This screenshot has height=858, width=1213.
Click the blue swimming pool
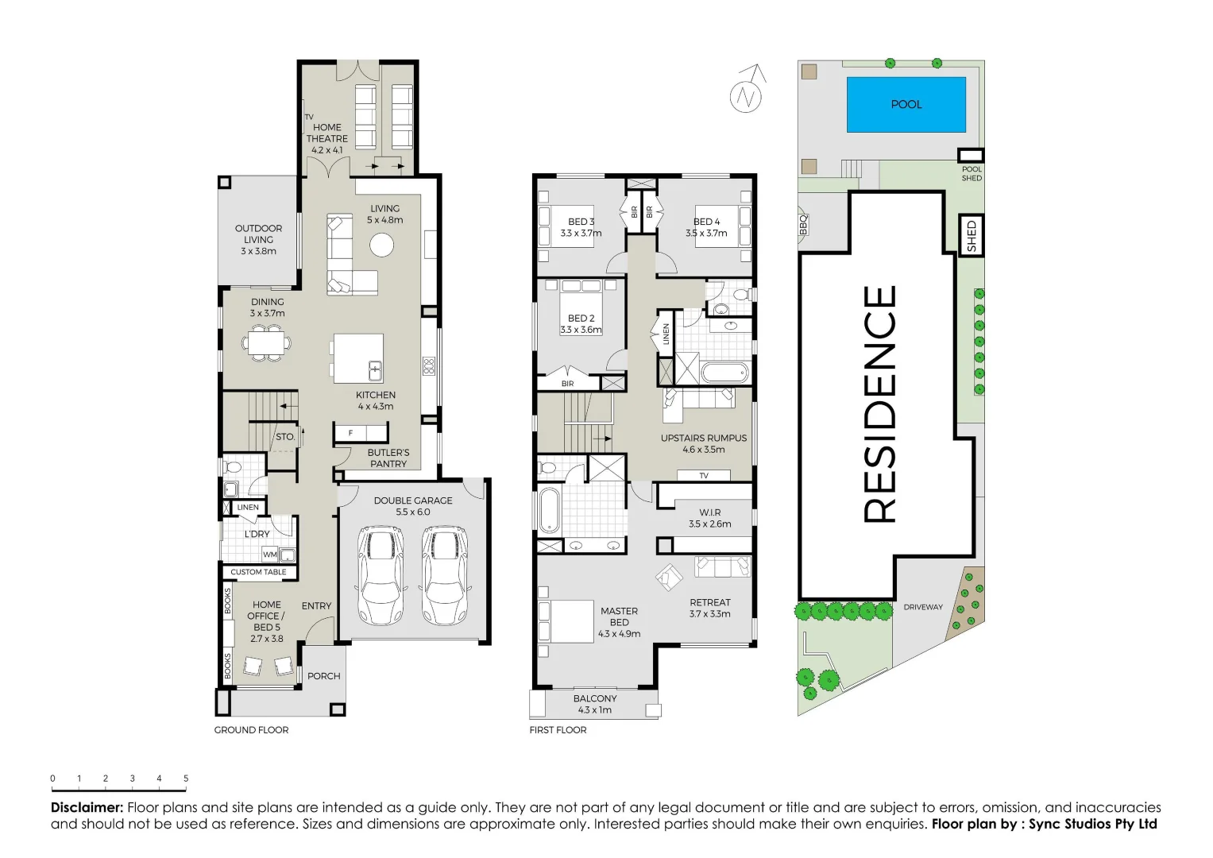[x=906, y=104]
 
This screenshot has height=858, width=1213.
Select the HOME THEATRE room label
[x=327, y=133]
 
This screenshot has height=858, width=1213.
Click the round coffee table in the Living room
[x=382, y=245]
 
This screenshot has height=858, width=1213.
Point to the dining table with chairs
[x=267, y=344]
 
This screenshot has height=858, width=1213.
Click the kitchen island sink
[x=375, y=370]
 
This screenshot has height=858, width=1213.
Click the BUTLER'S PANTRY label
[x=388, y=458]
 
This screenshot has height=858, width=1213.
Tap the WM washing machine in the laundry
[x=270, y=555]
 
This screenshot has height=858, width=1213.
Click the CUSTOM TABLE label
[x=258, y=572]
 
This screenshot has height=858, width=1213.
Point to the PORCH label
[x=323, y=676]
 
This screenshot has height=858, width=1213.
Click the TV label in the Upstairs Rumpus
[x=703, y=476]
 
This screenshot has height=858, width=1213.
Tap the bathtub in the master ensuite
[x=549, y=509]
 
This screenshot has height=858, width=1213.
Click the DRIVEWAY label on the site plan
[x=923, y=607]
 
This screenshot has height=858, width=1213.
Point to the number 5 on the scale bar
[x=186, y=779]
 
